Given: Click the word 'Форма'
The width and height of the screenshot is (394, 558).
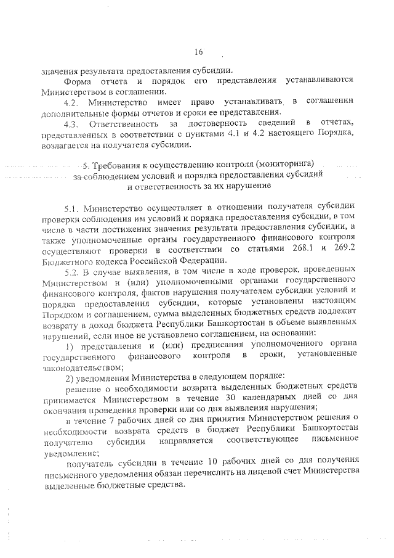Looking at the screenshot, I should [x=78, y=80].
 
